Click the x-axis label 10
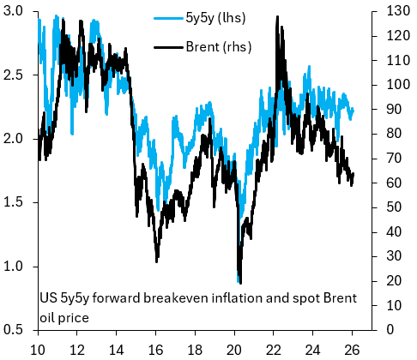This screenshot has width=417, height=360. point(39,349)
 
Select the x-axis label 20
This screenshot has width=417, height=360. point(235,349)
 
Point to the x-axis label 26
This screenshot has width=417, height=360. point(353,349)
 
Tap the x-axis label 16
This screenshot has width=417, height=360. point(156,349)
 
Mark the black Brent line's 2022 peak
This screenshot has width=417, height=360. point(276,16)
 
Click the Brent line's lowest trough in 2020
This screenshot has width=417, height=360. point(239,283)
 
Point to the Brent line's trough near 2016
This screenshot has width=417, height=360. point(156,261)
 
